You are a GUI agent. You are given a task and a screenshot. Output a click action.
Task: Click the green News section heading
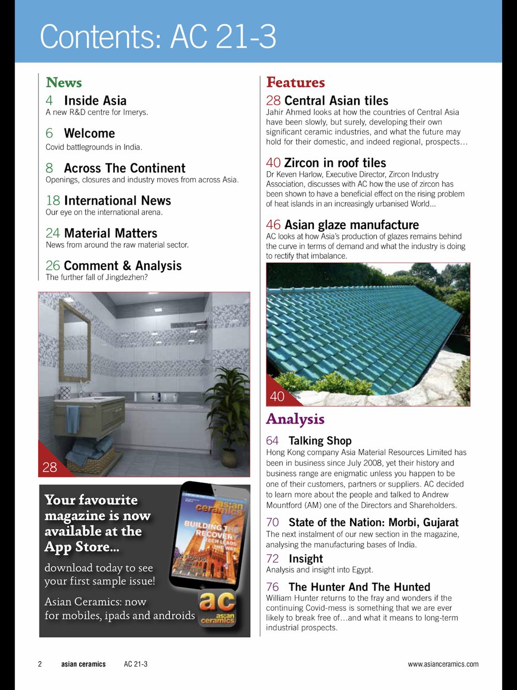pyautogui.click(x=64, y=82)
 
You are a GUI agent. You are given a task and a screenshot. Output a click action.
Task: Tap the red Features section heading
pyautogui.click(x=295, y=82)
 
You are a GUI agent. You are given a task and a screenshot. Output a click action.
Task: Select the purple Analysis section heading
pyautogui.click(x=295, y=419)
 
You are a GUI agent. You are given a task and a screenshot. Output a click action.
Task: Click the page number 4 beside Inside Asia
pyautogui.click(x=49, y=100)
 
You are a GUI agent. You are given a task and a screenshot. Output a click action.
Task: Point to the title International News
pyautogui.click(x=117, y=201)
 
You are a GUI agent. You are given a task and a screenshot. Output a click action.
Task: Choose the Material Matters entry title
pyautogui.click(x=111, y=233)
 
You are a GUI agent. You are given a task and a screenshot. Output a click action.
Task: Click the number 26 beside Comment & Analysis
pyautogui.click(x=53, y=266)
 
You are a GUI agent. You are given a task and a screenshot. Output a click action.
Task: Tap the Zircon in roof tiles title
pyautogui.click(x=335, y=163)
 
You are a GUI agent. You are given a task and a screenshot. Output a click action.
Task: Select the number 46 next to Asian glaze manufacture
pyautogui.click(x=273, y=225)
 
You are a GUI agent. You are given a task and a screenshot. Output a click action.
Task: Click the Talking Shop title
pyautogui.click(x=320, y=441)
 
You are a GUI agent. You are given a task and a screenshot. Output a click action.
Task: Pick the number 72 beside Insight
pyautogui.click(x=272, y=559)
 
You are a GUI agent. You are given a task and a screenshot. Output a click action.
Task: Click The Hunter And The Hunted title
pyautogui.click(x=359, y=587)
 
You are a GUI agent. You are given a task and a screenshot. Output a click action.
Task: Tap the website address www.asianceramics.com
pyautogui.click(x=443, y=664)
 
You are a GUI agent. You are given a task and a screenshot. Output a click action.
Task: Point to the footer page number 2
pyautogui.click(x=40, y=664)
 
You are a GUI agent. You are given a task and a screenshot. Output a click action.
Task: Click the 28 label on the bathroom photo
pyautogui.click(x=50, y=467)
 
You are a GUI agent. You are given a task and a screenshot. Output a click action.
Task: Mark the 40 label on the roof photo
pyautogui.click(x=277, y=396)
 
